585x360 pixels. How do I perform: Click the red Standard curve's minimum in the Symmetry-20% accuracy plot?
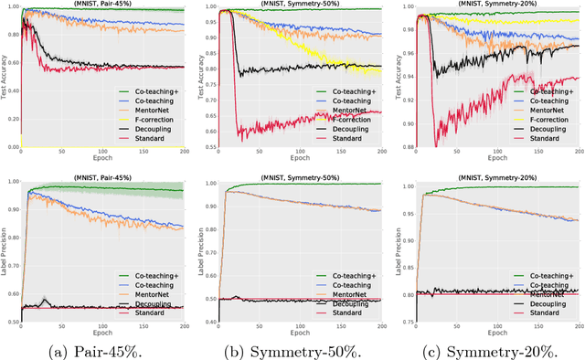tap(435, 144)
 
